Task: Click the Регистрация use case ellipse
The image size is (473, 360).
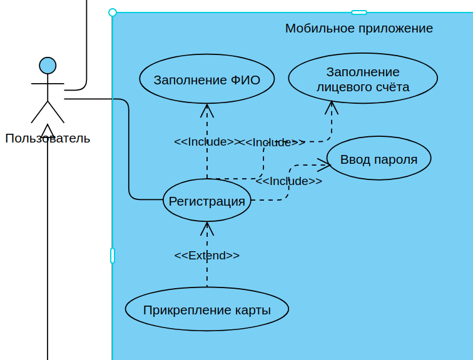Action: [206, 201]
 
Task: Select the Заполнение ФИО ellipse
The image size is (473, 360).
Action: [206, 79]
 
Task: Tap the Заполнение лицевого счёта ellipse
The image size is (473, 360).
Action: [363, 79]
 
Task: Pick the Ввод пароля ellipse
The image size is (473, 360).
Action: [379, 159]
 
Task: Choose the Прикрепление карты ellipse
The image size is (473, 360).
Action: [206, 309]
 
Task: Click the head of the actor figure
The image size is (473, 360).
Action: [48, 66]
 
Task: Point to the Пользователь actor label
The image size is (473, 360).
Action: [48, 138]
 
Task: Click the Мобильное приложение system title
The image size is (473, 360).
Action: [359, 28]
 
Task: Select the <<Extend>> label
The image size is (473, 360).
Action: [206, 255]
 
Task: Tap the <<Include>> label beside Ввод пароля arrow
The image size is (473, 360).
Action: [288, 181]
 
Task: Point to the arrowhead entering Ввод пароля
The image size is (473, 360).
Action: [324, 165]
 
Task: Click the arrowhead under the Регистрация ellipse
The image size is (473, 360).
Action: [207, 228]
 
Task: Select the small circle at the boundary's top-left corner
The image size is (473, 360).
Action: [113, 12]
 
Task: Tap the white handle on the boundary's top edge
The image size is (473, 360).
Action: [359, 12]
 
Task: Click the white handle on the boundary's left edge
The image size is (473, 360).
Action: [113, 255]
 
